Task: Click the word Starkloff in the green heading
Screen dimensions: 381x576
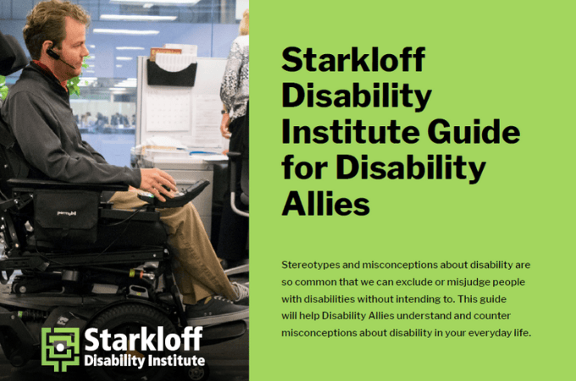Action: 353,62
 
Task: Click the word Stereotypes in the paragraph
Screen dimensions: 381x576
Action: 312,265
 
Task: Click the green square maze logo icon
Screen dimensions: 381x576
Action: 60,349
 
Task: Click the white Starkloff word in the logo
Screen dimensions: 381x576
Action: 143,340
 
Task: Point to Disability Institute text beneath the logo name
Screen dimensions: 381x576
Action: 144,362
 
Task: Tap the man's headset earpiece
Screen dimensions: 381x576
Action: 53,54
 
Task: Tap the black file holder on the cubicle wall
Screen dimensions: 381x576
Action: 171,72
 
